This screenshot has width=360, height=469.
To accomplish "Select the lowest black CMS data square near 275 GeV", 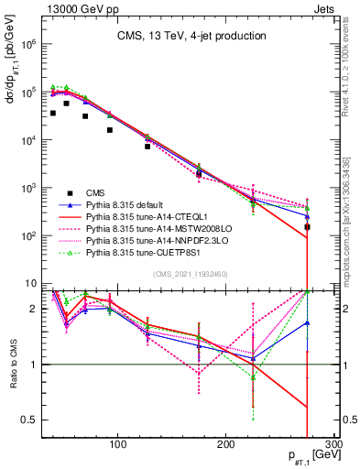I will [x=308, y=227].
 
